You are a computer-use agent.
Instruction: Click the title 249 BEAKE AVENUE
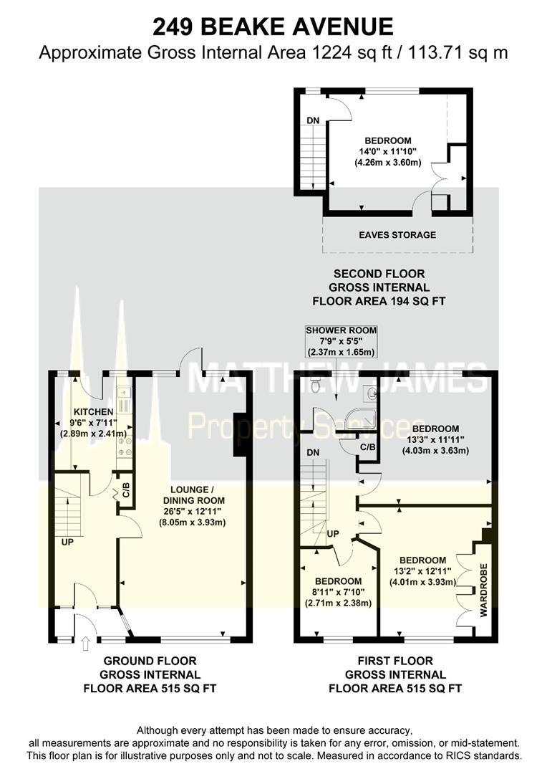point(273,27)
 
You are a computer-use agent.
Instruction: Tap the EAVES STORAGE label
point(397,235)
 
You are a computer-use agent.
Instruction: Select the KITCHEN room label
point(93,411)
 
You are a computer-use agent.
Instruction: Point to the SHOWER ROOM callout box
point(341,341)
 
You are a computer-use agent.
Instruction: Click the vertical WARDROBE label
point(483,590)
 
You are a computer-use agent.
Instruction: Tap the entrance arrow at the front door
point(84,643)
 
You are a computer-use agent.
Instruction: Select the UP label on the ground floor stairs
point(67,542)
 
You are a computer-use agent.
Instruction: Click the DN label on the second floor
point(313,120)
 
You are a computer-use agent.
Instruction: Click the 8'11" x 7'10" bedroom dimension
point(339,593)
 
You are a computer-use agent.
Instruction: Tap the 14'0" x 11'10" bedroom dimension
point(387,151)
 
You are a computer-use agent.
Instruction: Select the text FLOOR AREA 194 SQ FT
point(379,301)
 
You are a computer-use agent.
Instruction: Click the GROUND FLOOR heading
point(150,661)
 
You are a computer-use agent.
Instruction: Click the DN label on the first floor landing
point(313,453)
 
